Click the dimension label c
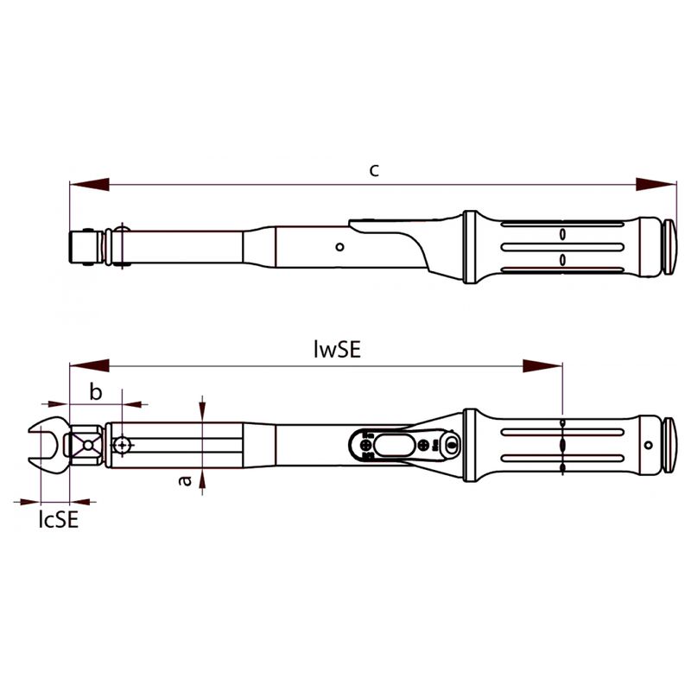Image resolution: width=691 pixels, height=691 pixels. click(x=374, y=170)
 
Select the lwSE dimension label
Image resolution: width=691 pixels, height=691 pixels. click(x=338, y=350)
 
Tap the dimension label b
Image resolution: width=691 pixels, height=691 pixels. click(x=96, y=391)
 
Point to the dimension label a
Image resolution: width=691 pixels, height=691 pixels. click(x=186, y=480)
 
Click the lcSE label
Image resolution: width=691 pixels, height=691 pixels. click(x=59, y=520)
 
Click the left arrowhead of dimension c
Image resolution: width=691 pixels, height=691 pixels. click(x=90, y=185)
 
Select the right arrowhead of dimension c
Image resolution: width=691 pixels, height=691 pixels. click(x=656, y=185)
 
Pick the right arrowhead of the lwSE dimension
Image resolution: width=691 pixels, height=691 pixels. click(x=542, y=365)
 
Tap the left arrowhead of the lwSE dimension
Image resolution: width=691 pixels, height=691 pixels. click(x=90, y=365)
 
